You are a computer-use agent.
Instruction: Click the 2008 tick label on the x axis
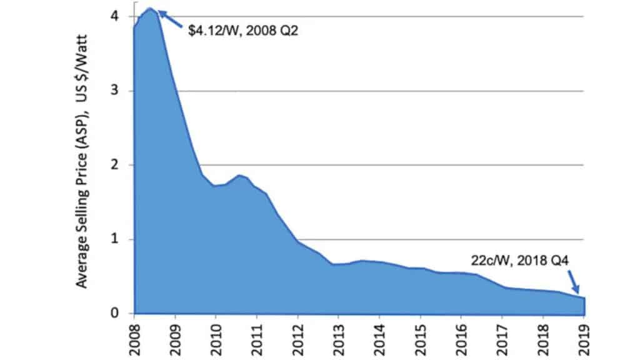tap(134, 336)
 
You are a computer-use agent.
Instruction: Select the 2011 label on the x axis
tap(256, 336)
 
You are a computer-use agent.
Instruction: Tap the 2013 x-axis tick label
tap(338, 336)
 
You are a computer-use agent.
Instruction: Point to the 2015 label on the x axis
tap(420, 336)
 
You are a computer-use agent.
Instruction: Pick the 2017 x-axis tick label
tap(502, 336)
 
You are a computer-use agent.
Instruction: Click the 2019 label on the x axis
tap(583, 336)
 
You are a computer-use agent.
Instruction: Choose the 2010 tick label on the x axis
tap(216, 336)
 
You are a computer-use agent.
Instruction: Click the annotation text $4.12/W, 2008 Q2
tap(244, 29)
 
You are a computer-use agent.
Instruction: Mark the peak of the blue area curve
tap(151, 8)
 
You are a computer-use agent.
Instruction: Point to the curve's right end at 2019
tap(584, 297)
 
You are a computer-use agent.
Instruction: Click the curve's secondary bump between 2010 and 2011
tap(239, 175)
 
